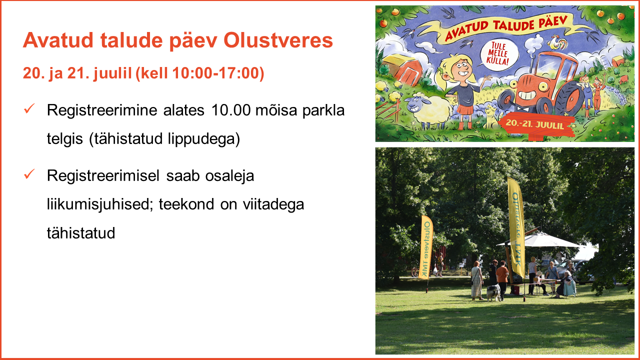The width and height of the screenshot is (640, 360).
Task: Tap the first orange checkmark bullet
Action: (x=29, y=109)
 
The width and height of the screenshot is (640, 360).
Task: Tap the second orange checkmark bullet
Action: (x=29, y=174)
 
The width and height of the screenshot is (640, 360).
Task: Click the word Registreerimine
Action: (x=102, y=111)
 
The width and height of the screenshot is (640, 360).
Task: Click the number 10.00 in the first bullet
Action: (x=231, y=110)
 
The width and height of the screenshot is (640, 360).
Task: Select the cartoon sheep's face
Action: (x=414, y=104)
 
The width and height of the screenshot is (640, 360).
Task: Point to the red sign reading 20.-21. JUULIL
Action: (x=535, y=124)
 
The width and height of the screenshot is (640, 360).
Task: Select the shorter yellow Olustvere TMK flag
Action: (x=425, y=247)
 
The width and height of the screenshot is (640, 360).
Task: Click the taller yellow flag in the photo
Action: (x=516, y=227)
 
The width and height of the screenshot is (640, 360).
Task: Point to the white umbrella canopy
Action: (x=540, y=240)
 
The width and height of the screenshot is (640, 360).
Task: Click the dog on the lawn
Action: (x=493, y=292)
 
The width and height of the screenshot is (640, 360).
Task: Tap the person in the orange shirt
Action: (x=502, y=279)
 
